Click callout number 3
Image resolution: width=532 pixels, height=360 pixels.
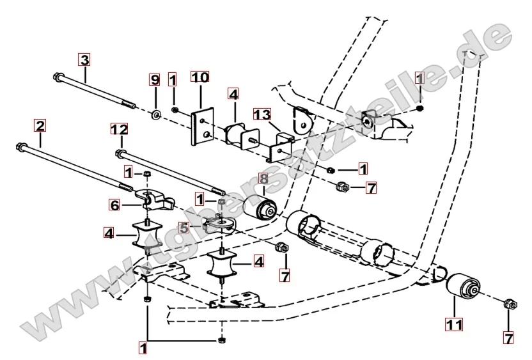click(84, 60)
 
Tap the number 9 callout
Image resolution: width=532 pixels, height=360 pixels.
click(154, 80)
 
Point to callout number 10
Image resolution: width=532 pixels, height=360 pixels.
click(200, 78)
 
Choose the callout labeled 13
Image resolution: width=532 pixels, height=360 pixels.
click(261, 114)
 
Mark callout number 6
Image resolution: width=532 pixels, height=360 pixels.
click(114, 205)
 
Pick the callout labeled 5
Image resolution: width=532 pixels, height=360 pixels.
click(184, 227)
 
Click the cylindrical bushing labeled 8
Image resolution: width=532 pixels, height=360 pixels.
click(262, 208)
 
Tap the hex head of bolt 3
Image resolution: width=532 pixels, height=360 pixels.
click(58, 78)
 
